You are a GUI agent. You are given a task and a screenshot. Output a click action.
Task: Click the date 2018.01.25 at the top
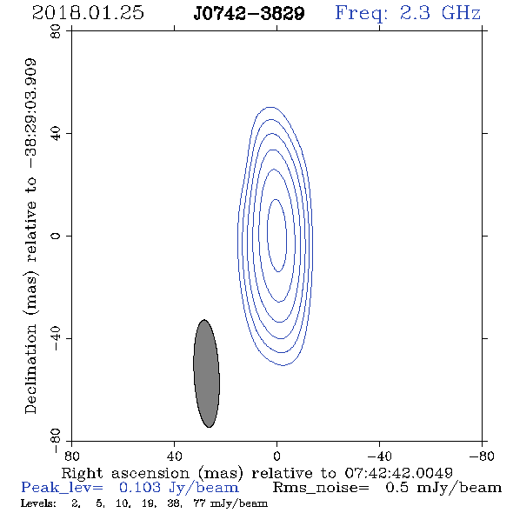point(88,13)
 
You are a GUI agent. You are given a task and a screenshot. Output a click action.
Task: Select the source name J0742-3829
point(249,14)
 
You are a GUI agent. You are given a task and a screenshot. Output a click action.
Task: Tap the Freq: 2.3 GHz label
point(408,13)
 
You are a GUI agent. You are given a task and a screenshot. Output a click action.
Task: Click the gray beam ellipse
point(206,373)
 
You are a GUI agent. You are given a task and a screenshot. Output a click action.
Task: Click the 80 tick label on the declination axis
point(56,31)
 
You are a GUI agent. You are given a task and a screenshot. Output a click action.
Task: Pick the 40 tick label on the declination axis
point(56,134)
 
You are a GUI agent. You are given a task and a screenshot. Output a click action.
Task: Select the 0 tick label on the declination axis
point(56,236)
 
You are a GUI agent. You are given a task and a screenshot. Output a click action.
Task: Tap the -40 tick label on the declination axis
point(56,338)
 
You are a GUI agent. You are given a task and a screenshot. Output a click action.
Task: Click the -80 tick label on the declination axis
point(56,441)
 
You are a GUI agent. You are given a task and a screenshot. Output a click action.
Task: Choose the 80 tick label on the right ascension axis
point(71,456)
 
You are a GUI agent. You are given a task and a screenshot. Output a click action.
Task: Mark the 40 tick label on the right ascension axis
point(175,456)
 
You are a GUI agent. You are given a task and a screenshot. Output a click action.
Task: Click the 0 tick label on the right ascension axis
point(276,456)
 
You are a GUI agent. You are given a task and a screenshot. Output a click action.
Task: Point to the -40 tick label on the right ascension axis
point(379,456)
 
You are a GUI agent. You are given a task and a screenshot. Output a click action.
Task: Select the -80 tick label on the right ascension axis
point(482,456)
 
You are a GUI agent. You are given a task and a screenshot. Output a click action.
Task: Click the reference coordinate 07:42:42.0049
point(399,473)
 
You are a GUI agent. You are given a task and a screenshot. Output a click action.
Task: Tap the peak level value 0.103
point(140,488)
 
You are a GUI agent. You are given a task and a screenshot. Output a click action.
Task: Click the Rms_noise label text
point(321,488)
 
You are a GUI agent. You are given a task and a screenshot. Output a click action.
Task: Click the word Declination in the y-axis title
point(30,370)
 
